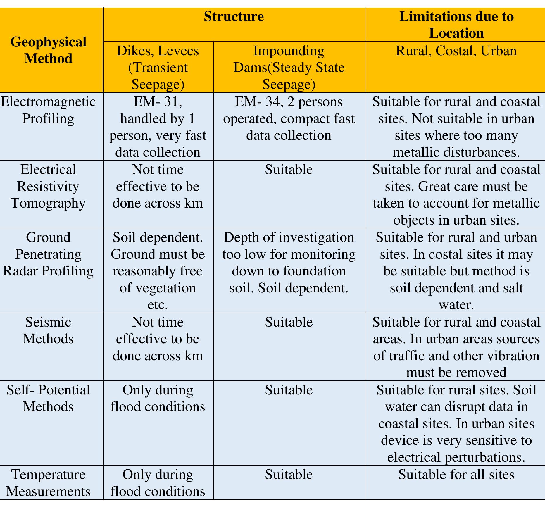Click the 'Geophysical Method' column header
pyautogui.click(x=48, y=50)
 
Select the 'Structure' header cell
pyautogui.click(x=234, y=17)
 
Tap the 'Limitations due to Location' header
pyautogui.click(x=456, y=25)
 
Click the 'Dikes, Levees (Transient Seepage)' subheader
pyautogui.click(x=158, y=67)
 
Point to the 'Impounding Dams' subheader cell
pyautogui.click(x=289, y=67)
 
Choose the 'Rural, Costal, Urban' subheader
pyautogui.click(x=456, y=51)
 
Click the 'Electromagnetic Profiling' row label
pyautogui.click(x=48, y=110)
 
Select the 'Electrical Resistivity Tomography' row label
pyautogui.click(x=48, y=186)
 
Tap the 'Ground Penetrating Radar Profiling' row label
pyautogui.click(x=48, y=254)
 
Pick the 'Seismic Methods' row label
pyautogui.click(x=48, y=330)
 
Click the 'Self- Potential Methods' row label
pyautogui.click(x=48, y=398)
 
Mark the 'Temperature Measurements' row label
pyautogui.click(x=48, y=483)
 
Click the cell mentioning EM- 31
pyautogui.click(x=158, y=127)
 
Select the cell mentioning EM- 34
pyautogui.click(x=289, y=119)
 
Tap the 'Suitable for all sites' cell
pyautogui.click(x=456, y=475)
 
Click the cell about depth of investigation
pyautogui.click(x=289, y=263)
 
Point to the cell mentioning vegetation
pyautogui.click(x=158, y=271)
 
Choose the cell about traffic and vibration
pyautogui.click(x=456, y=347)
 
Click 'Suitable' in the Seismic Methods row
pyautogui.click(x=289, y=322)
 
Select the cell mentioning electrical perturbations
pyautogui.click(x=456, y=423)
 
